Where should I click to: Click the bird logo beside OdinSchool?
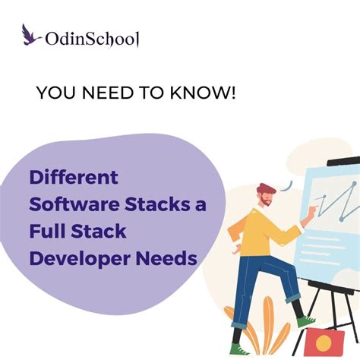(31, 34)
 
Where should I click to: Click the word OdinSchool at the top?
(93, 38)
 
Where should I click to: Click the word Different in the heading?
(74, 178)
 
